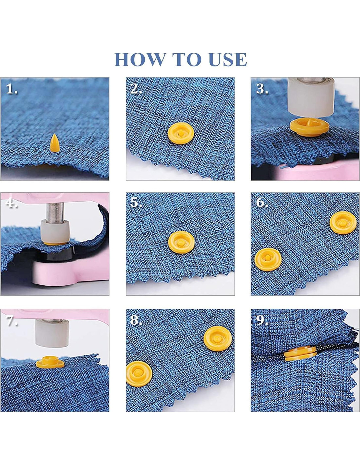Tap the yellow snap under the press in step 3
point(310,128)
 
